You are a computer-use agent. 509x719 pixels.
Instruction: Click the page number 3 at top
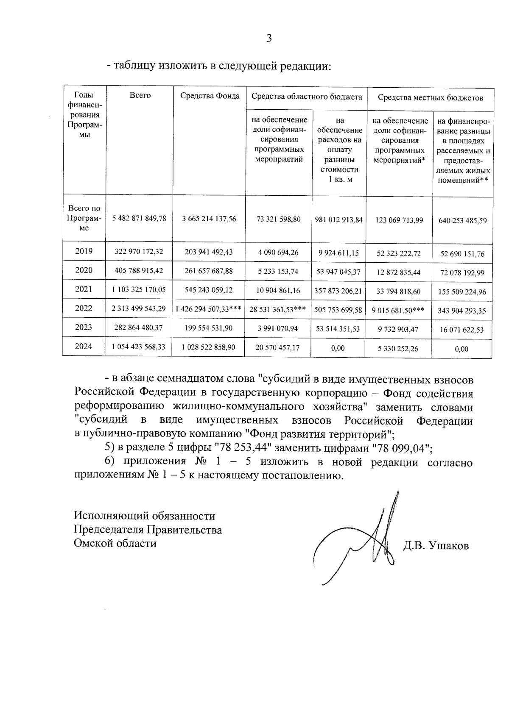268,39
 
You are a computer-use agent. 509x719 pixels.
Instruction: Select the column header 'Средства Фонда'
210,96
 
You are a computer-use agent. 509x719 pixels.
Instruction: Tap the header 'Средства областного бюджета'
306,97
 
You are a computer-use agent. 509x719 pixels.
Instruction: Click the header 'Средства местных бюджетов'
430,98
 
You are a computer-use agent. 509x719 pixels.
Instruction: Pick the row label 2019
84,251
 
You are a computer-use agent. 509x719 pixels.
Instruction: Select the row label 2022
84,308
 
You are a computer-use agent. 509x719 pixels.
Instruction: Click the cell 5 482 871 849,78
139,219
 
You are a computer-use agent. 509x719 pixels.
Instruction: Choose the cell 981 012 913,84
339,219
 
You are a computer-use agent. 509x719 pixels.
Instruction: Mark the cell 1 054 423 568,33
139,347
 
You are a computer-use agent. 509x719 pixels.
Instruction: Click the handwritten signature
365,542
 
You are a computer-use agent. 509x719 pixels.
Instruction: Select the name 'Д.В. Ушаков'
436,546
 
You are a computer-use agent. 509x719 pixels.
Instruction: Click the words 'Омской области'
115,543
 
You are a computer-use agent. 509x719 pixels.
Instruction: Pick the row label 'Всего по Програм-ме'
84,218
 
